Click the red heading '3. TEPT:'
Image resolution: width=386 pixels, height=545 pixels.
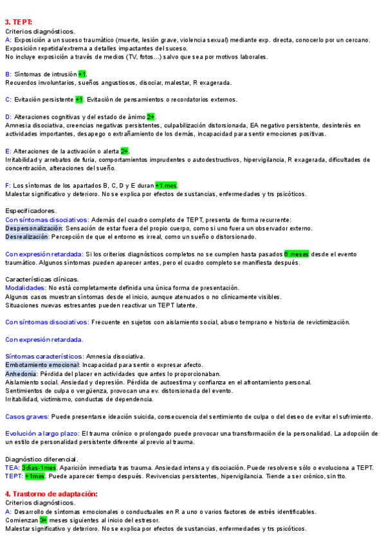(19, 22)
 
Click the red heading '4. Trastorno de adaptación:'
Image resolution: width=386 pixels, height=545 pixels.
(51, 494)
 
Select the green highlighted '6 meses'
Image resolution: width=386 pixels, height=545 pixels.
(297, 254)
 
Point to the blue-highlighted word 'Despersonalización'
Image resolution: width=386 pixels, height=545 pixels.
(34, 228)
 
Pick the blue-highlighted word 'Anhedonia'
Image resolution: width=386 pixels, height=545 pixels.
(21, 373)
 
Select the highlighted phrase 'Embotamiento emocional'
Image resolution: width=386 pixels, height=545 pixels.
(42, 365)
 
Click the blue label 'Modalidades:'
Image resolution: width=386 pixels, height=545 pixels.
(25, 288)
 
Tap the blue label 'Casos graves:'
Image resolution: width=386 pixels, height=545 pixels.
(26, 416)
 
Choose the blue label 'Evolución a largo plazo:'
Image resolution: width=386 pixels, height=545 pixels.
(42, 434)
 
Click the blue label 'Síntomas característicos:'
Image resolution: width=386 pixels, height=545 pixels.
(44, 356)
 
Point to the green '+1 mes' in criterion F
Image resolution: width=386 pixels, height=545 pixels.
(166, 185)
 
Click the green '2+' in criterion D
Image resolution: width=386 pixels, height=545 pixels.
(151, 117)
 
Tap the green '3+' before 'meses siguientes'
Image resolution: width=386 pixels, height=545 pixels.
(43, 519)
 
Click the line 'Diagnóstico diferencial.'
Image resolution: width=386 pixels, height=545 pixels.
(42, 459)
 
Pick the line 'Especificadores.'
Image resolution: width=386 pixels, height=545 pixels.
(31, 211)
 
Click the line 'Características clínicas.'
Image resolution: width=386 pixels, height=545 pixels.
(42, 279)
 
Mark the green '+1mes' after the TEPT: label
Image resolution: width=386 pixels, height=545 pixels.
(35, 476)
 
